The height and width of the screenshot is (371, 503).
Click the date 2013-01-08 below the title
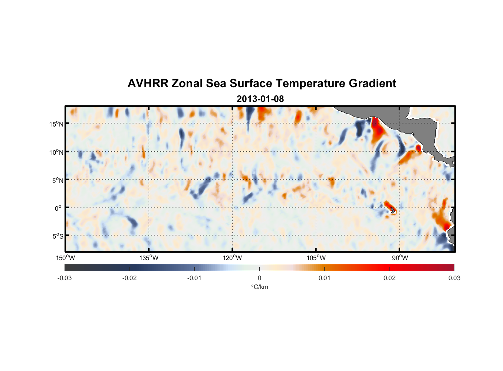click(x=260, y=99)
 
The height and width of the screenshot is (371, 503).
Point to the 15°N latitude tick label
click(x=56, y=124)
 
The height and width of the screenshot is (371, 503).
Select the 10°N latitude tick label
click(x=56, y=152)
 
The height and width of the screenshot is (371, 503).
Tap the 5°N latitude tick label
click(x=57, y=180)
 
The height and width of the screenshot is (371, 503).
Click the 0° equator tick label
click(x=58, y=208)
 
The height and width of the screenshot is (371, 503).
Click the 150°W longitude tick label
click(x=66, y=258)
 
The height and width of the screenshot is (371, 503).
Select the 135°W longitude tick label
click(x=149, y=258)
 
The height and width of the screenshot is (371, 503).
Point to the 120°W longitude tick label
click(x=233, y=258)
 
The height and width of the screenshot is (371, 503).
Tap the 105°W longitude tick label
click(x=316, y=258)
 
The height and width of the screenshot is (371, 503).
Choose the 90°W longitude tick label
click(x=400, y=258)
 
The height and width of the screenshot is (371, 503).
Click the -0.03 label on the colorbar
click(x=65, y=278)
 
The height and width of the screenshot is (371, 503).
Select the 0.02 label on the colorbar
click(x=389, y=278)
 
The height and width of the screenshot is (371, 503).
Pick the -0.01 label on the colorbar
click(x=194, y=278)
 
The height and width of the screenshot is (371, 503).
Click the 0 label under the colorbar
click(x=259, y=278)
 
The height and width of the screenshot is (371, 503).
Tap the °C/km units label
click(x=259, y=287)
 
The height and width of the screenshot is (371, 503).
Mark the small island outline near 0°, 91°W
click(x=393, y=210)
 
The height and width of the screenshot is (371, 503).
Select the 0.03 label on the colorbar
click(x=454, y=278)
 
